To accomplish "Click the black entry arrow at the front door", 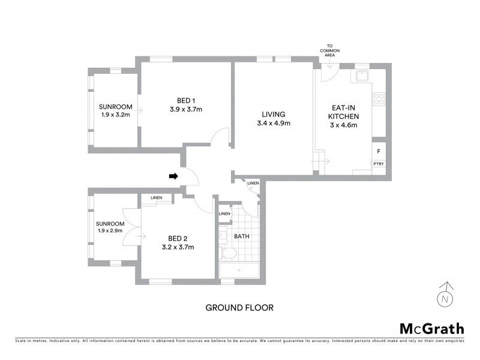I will tap(173, 176).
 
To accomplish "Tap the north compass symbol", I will tap(445, 296).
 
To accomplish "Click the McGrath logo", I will tap(431, 328).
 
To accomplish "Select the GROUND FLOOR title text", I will tap(239, 308).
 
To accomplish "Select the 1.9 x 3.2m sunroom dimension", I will tap(115, 115).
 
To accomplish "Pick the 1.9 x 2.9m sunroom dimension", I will tap(109, 230).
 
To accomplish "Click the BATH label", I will tap(241, 236).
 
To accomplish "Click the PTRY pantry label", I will tap(379, 164).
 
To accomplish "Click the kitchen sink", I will tap(362, 76).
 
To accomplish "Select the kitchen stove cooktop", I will tap(379, 98).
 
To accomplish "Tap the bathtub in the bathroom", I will tap(239, 271).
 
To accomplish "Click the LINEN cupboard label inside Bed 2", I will tap(155, 197).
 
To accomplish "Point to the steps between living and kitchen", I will tap(319, 161).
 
